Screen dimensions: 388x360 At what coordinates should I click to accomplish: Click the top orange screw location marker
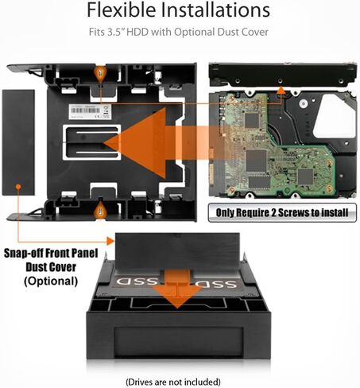(x=99, y=73)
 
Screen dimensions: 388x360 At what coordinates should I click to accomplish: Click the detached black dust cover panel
(x=19, y=142)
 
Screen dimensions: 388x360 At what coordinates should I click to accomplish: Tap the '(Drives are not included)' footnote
(x=180, y=381)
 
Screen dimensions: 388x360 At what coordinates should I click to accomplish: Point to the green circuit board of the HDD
(x=262, y=143)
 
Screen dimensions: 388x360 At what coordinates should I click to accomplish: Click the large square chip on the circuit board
(x=256, y=160)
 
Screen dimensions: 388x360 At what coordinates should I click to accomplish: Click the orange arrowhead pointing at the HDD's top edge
(x=280, y=91)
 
